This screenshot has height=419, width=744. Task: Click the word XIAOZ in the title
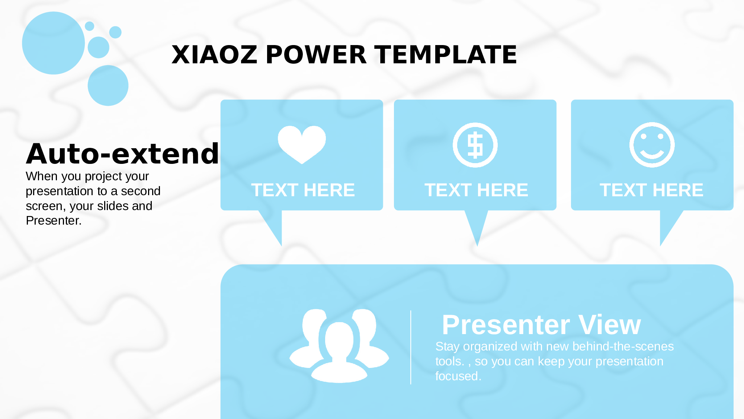[x=214, y=55]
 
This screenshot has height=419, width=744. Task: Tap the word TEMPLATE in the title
[x=445, y=55]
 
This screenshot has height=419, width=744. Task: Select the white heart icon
[x=302, y=145]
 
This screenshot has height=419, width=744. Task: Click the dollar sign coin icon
[x=475, y=145]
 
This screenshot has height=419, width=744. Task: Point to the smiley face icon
[x=652, y=145]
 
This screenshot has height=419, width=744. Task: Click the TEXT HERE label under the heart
[x=303, y=190]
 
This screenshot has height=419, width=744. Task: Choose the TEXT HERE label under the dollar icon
[x=476, y=190]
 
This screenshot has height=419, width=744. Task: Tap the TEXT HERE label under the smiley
[x=651, y=190]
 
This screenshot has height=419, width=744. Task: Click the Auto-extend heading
[x=122, y=153]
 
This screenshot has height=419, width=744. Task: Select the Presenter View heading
[x=541, y=325]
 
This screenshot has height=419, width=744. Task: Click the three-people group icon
[x=339, y=346]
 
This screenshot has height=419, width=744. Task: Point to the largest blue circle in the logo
[x=54, y=43]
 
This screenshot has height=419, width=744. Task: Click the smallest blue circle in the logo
[x=89, y=26]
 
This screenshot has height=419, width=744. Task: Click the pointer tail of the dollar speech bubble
[x=477, y=223]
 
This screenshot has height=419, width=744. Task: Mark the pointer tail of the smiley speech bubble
[x=668, y=223]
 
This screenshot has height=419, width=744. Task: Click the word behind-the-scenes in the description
[x=623, y=346]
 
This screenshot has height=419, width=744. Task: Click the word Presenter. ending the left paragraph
[x=54, y=220]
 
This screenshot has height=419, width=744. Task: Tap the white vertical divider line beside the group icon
[x=411, y=347]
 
